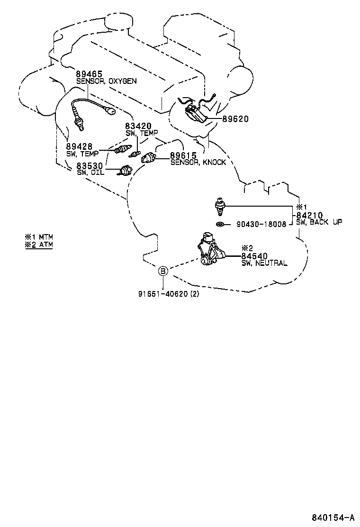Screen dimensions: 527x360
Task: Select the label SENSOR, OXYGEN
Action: click(107, 81)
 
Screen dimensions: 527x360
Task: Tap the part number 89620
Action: click(235, 119)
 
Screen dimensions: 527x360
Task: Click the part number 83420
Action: click(138, 127)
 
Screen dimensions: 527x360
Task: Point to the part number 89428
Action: click(79, 147)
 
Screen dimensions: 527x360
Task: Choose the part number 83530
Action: click(90, 165)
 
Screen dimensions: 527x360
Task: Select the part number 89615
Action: click(183, 155)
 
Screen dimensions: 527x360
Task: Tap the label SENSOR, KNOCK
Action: click(198, 162)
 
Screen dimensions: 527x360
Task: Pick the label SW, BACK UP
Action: click(319, 222)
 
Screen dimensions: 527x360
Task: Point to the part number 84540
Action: click(255, 256)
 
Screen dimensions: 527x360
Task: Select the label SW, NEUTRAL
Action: click(264, 263)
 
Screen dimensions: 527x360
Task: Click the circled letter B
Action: click(163, 271)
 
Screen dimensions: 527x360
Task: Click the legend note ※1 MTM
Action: click(39, 236)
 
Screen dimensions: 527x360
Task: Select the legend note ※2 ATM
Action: click(39, 245)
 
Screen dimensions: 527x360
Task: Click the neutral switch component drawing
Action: click(211, 249)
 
